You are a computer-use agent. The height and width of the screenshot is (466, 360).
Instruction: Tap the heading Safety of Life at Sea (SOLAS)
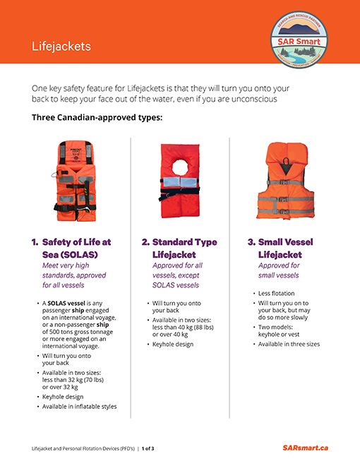coord(76,248)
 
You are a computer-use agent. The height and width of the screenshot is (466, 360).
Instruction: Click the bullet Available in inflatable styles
coord(79,406)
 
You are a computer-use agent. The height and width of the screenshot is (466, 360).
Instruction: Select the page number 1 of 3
coord(148,448)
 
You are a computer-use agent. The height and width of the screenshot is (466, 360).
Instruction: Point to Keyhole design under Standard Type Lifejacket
coord(174,344)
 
